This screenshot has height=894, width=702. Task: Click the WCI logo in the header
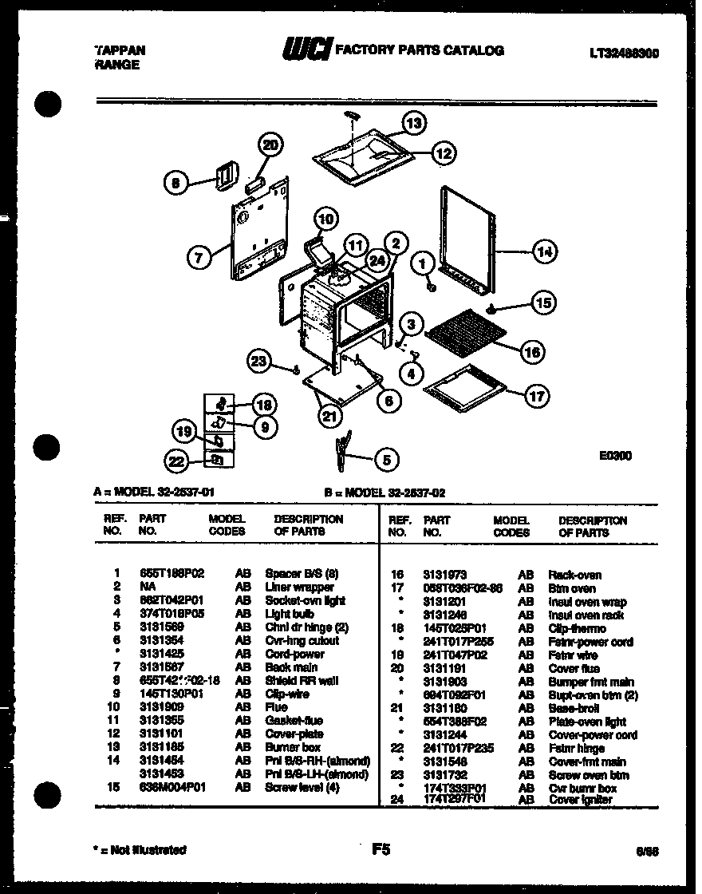(306, 50)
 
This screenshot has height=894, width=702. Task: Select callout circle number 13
(413, 123)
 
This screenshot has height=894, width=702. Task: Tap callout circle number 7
(199, 257)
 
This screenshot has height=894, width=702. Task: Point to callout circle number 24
(376, 259)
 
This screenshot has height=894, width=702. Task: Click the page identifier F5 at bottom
(381, 850)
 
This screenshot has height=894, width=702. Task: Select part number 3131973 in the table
(445, 575)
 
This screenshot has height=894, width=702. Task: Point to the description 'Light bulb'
(285, 614)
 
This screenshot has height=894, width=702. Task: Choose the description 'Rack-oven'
(574, 575)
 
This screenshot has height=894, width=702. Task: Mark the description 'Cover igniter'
(580, 799)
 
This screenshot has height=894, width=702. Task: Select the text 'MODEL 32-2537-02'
(387, 493)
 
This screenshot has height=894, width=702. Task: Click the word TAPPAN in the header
(120, 49)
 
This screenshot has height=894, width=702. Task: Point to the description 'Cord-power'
(294, 654)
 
